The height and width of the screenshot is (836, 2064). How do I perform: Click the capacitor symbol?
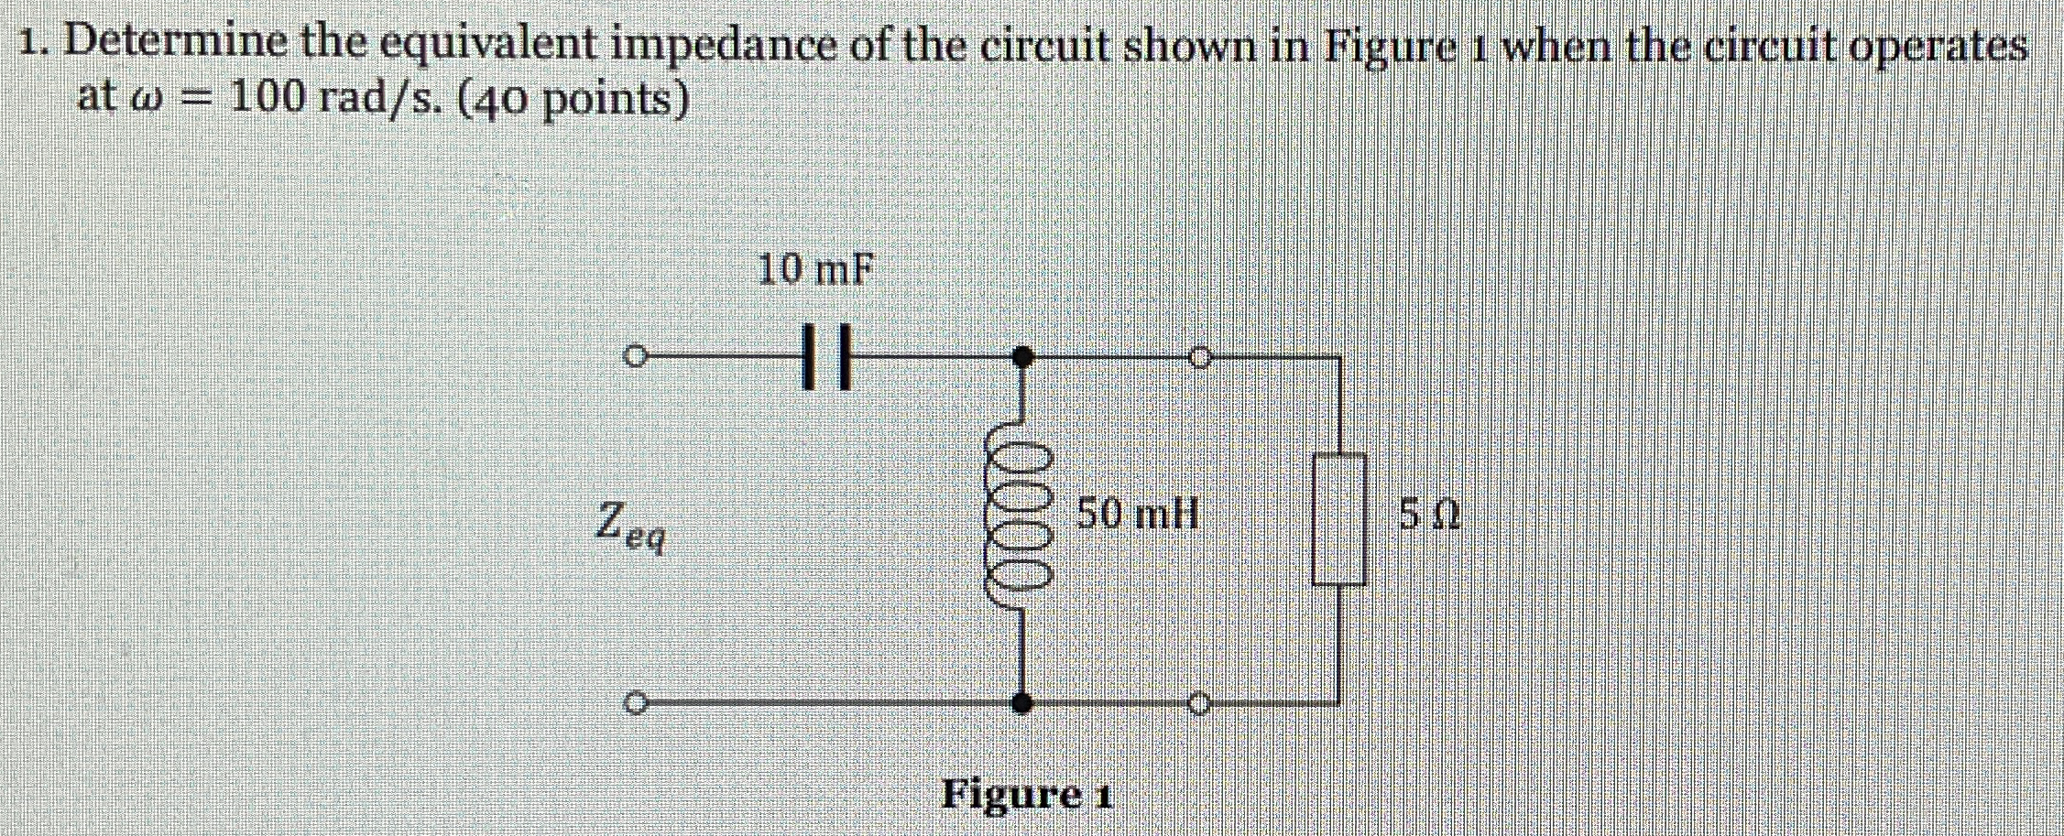point(826,355)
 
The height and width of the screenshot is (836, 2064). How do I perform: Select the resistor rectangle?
point(1339,519)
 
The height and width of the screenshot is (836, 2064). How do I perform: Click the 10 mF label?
point(815,269)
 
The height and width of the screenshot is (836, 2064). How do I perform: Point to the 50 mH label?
point(1137,514)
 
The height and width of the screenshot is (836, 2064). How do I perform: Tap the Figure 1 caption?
point(1026,793)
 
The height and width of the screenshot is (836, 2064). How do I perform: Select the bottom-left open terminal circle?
point(633,704)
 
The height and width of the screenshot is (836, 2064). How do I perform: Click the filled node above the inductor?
point(1022,355)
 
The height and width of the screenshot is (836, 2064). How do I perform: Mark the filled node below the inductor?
point(1022,704)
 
